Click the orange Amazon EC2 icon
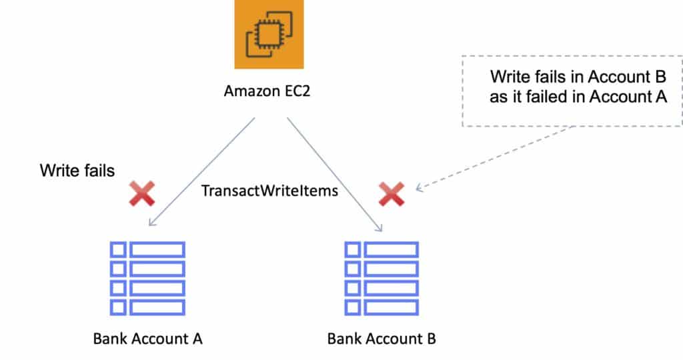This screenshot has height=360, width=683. [x=269, y=34]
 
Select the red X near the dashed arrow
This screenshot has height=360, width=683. [x=392, y=193]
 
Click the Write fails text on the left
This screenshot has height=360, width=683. [x=77, y=171]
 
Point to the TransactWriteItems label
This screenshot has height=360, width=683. [x=269, y=191]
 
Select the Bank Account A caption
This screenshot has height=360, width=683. [x=147, y=339]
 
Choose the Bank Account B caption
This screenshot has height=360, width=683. [x=382, y=339]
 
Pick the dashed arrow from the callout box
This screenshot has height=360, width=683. [x=494, y=158]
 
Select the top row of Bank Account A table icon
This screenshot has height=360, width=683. [x=147, y=249]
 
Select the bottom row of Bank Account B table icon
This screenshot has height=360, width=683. [x=382, y=307]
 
